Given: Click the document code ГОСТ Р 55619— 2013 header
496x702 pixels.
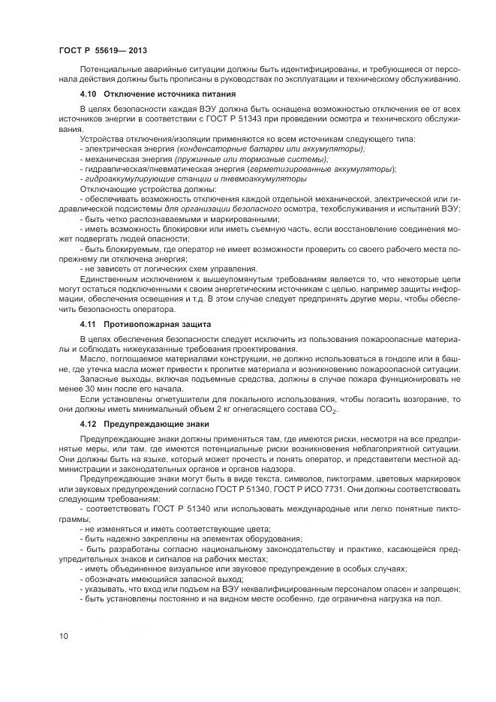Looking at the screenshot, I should pos(102,50).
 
